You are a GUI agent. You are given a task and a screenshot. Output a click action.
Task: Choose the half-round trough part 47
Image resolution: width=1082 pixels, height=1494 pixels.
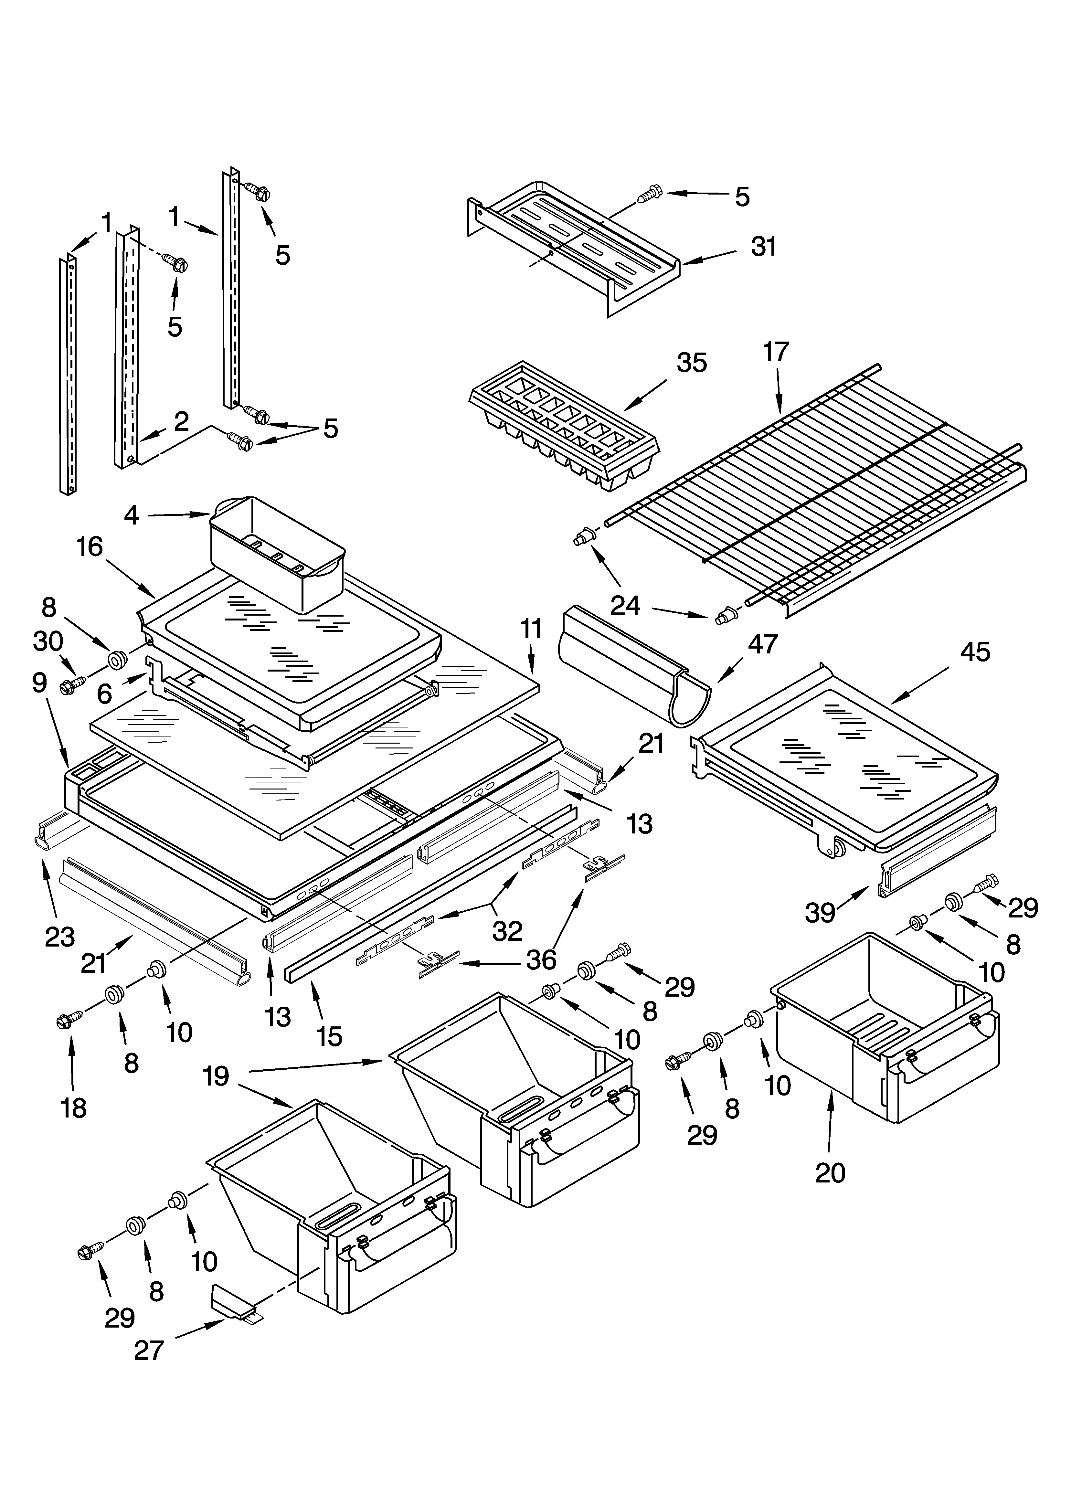[x=632, y=665]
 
